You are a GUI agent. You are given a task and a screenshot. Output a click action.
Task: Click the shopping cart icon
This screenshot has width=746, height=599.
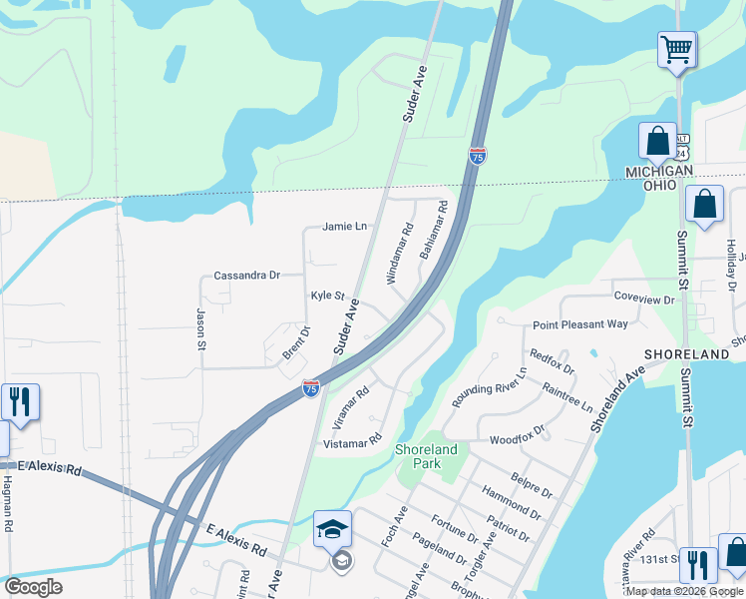[x=677, y=48]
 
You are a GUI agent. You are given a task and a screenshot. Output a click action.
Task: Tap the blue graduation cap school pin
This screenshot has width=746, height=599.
[x=332, y=529]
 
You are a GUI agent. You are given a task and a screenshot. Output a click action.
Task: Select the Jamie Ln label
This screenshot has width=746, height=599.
[x=344, y=227]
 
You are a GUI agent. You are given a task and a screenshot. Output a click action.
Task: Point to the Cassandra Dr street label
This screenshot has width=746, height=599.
[x=247, y=275]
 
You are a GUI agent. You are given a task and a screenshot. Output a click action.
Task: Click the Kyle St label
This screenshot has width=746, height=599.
[x=327, y=296]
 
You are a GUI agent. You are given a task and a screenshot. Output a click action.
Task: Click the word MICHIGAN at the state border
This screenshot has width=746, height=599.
[x=659, y=172]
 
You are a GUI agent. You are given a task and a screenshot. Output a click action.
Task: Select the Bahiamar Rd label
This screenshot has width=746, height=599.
[x=434, y=231]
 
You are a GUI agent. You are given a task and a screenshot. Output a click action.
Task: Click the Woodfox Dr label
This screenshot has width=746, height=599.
[x=518, y=437]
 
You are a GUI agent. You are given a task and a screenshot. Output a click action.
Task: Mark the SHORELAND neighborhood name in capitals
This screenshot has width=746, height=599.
[x=687, y=354]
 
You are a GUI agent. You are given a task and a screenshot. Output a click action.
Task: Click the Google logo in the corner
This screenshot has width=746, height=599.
[x=33, y=587]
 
